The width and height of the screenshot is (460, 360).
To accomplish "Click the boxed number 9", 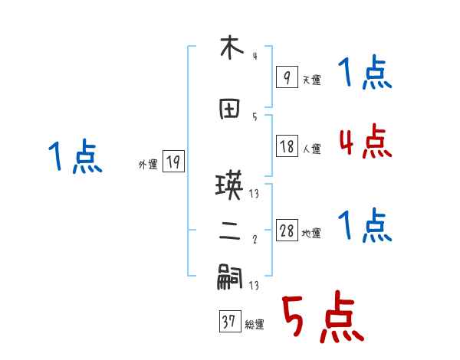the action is click(x=287, y=77).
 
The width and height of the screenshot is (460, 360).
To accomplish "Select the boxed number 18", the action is click(x=287, y=147).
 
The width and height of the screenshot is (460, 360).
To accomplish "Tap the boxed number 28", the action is click(x=287, y=231).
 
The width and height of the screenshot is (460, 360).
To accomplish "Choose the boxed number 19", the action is click(x=173, y=162).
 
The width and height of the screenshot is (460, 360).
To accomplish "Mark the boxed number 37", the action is click(x=229, y=322).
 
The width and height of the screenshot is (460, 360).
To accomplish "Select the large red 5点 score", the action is click(x=321, y=318).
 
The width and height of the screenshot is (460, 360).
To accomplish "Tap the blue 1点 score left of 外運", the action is click(x=74, y=158).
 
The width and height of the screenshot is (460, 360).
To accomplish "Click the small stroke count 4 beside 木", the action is click(x=255, y=55).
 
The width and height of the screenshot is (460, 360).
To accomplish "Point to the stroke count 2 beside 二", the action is click(x=255, y=239).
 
